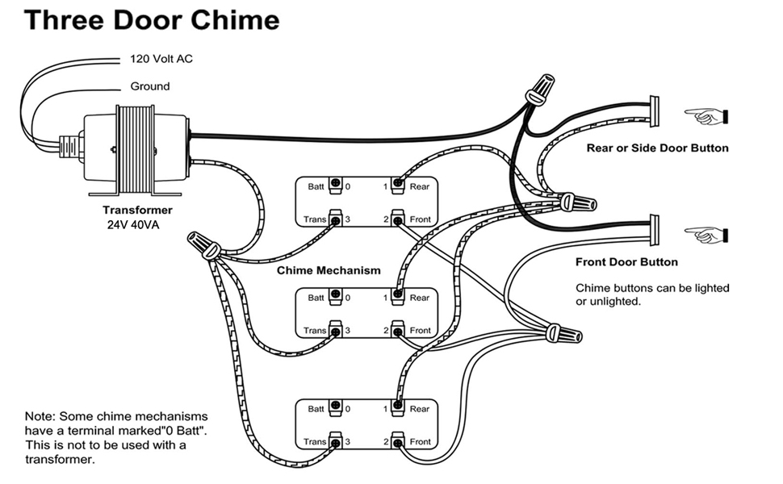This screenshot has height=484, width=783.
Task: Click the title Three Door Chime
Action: (152, 21)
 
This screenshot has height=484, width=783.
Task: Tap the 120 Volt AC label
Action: (161, 59)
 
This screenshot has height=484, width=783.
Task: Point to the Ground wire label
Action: (150, 86)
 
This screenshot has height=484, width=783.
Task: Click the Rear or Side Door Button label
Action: (657, 148)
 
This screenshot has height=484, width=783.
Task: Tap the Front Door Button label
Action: (626, 261)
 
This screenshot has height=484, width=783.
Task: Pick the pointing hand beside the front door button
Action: (705, 235)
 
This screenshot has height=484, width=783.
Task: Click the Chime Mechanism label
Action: (329, 270)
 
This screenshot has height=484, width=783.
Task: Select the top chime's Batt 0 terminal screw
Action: (337, 186)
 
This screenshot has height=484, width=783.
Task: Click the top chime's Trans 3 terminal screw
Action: (337, 219)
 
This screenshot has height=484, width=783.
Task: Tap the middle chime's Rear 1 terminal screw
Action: (397, 297)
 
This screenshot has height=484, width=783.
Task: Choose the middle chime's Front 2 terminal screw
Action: (397, 330)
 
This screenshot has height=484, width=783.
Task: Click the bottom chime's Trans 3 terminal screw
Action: (337, 441)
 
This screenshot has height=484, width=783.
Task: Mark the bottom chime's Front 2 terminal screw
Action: (397, 441)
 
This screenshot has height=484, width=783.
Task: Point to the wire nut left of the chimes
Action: (202, 244)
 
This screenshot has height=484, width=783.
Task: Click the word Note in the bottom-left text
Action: (38, 416)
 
